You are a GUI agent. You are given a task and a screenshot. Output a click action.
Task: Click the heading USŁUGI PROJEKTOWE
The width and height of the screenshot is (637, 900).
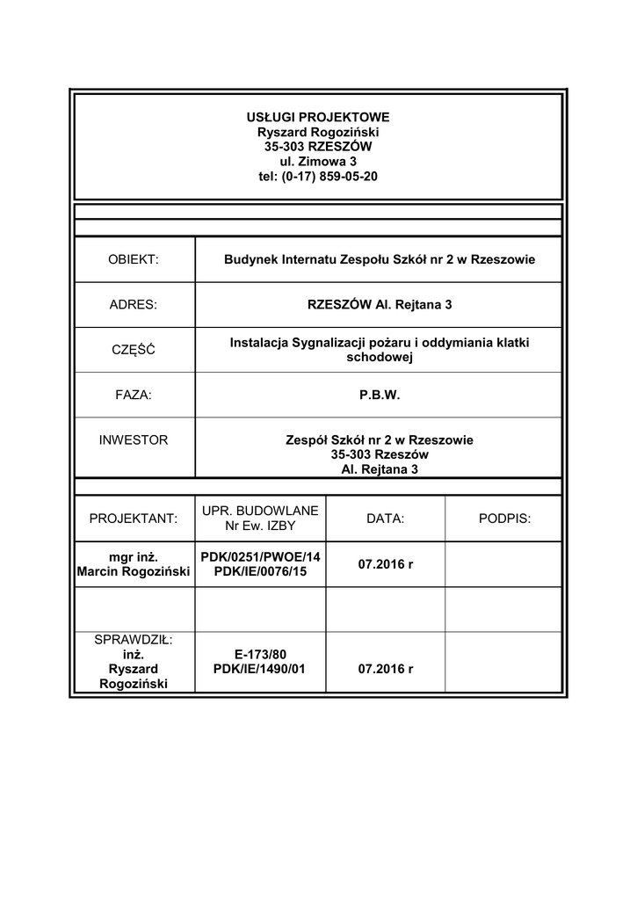[x=317, y=117]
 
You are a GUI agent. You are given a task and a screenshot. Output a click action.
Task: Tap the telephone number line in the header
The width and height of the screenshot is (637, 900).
[x=317, y=177]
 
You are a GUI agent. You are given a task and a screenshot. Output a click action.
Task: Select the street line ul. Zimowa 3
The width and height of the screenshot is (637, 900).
[x=317, y=162]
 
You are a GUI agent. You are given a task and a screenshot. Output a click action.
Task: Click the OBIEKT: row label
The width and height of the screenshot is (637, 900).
[x=133, y=259]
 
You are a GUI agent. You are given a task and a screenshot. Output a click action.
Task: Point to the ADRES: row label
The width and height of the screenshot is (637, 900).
[x=133, y=305]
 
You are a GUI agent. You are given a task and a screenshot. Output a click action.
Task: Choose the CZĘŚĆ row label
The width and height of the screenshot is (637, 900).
[x=133, y=350]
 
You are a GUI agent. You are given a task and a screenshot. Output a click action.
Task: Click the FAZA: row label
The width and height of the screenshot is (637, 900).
[x=133, y=396]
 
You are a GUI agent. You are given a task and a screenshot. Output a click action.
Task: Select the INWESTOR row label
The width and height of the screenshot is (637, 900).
[x=133, y=439]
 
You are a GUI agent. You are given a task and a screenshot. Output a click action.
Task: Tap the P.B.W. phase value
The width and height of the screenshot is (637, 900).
[x=379, y=396]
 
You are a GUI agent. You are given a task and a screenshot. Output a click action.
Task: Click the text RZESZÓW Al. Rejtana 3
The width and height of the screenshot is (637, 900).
[x=379, y=305]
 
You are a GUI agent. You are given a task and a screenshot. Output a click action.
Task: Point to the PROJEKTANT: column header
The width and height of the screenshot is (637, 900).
[x=133, y=519]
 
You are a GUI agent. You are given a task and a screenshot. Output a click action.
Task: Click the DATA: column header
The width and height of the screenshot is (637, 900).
[x=385, y=519]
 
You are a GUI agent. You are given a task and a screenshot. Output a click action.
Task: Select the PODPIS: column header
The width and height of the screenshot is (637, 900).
[x=504, y=519]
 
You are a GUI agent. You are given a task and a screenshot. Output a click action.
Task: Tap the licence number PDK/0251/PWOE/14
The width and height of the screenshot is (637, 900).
[x=260, y=556]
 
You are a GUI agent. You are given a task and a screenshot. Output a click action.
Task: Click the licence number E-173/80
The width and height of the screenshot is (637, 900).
[x=260, y=654]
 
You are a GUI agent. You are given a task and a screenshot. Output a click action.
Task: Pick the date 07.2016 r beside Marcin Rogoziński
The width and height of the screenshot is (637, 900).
[x=385, y=563]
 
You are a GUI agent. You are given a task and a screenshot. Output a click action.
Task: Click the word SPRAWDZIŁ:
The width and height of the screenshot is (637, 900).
[x=133, y=639]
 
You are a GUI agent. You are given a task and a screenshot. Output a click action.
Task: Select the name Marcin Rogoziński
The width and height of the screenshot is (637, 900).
[x=133, y=572]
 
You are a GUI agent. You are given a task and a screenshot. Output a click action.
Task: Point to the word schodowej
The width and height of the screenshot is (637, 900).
[x=379, y=358]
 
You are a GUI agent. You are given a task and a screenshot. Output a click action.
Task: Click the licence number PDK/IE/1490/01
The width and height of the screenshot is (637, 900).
[x=260, y=669]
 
